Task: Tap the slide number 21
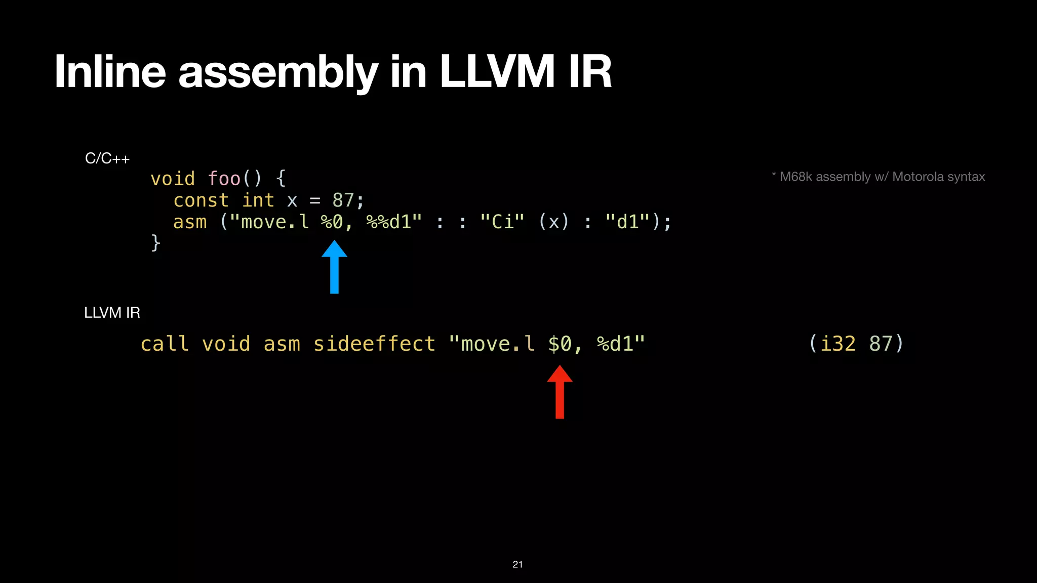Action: tap(517, 564)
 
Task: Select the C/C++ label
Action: tap(107, 159)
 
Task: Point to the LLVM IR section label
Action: tap(112, 313)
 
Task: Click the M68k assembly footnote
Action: tap(879, 177)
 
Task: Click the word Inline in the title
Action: tap(110, 72)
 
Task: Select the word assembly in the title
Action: tap(278, 72)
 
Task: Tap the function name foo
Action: tap(224, 179)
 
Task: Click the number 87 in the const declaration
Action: tap(343, 200)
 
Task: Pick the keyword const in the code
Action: tap(201, 200)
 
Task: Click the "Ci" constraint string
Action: tap(502, 222)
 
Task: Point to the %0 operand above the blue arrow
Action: tap(332, 222)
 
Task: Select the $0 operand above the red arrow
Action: tap(560, 344)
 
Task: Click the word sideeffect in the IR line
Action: tap(374, 344)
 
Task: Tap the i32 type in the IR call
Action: tap(838, 344)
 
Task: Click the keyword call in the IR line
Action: tap(165, 344)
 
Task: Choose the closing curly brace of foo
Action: tap(156, 243)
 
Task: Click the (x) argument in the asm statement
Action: tap(554, 222)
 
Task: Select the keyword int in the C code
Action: tap(258, 200)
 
